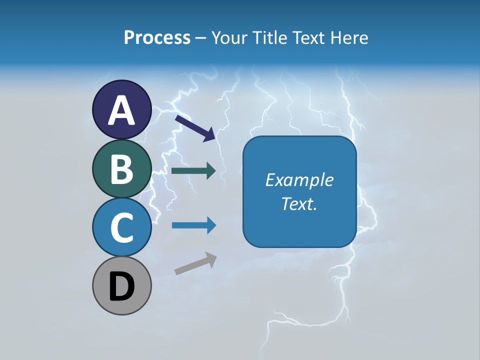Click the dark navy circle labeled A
(x=122, y=109)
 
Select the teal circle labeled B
(x=122, y=168)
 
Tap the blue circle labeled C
(x=122, y=227)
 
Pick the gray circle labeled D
(x=122, y=285)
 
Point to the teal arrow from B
(x=193, y=171)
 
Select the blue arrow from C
(x=193, y=225)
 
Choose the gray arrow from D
(x=195, y=263)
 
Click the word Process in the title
(x=157, y=37)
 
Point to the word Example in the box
(x=299, y=180)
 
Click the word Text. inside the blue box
(x=299, y=203)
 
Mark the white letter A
(x=122, y=110)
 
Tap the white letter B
(x=122, y=169)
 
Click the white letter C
(x=122, y=227)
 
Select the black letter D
(x=122, y=286)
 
